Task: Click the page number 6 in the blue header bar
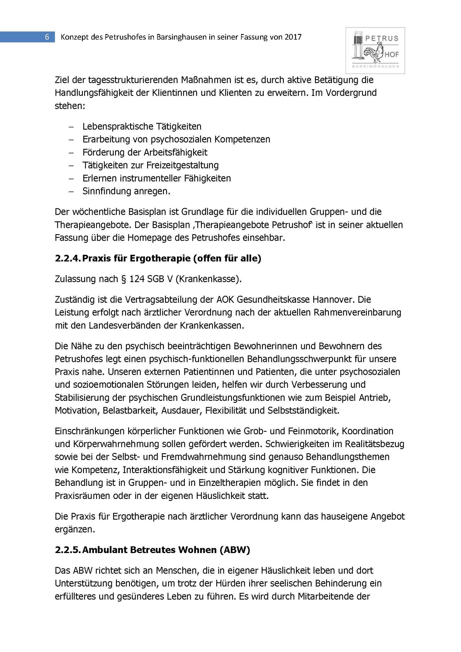point(47,37)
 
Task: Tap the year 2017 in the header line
point(293,37)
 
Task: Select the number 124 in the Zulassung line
point(137,279)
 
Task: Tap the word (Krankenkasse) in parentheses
point(208,279)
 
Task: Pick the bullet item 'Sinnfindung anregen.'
point(126,191)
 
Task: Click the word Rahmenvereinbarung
point(357,312)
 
